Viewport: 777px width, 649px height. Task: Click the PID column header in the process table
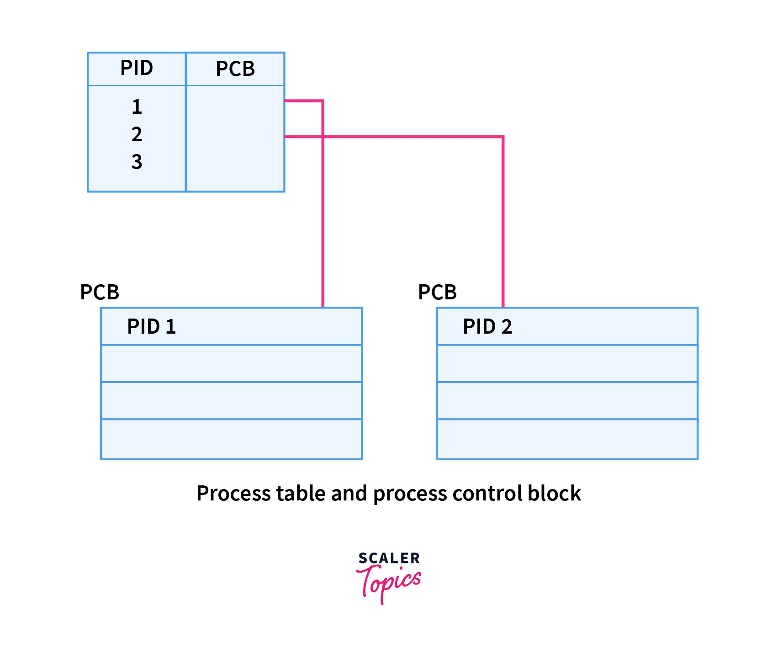point(137,68)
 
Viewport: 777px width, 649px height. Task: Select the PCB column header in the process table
point(235,69)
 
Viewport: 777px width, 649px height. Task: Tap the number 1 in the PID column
point(137,107)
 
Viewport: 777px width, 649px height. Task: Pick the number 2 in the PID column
point(137,134)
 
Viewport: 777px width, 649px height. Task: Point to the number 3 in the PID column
point(137,162)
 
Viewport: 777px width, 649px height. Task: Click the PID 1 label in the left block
point(151,327)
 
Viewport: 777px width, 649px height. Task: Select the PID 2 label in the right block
point(487,327)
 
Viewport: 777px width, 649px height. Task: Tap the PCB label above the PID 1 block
point(100,293)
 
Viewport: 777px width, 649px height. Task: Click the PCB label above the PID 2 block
point(437,293)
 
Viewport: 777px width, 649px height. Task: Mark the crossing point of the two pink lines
point(323,136)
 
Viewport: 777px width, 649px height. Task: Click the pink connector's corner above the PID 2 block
point(503,137)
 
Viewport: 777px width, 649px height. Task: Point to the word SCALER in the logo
point(389,558)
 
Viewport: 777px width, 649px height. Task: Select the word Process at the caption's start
point(224,494)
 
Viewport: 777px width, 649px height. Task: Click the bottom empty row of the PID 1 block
point(231,439)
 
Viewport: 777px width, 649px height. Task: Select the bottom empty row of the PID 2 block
point(567,439)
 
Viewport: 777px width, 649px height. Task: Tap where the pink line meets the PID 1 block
point(323,307)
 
